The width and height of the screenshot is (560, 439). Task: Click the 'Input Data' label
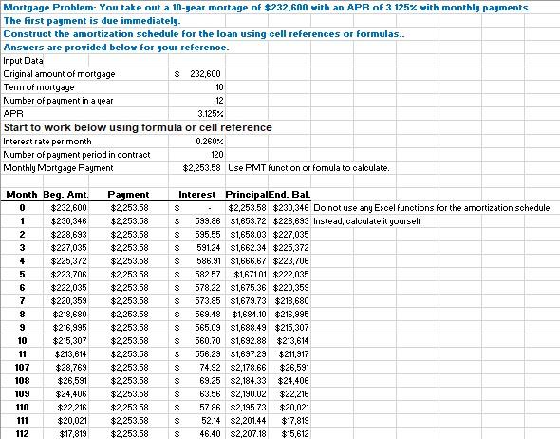(x=23, y=60)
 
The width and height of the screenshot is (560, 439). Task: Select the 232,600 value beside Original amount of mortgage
(x=205, y=73)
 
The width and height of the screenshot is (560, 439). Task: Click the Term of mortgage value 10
(x=219, y=86)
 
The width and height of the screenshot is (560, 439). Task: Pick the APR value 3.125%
(x=210, y=113)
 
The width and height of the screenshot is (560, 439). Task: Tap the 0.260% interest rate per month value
(x=209, y=141)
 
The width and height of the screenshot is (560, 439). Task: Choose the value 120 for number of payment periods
(x=216, y=154)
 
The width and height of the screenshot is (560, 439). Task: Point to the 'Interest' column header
(x=197, y=194)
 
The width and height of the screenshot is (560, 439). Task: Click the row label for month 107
(x=22, y=366)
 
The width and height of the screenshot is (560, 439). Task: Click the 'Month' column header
(x=22, y=194)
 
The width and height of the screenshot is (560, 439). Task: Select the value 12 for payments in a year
(x=219, y=100)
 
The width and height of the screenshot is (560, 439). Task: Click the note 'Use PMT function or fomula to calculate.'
(x=308, y=167)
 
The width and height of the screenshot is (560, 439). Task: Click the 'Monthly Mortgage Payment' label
(x=59, y=167)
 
